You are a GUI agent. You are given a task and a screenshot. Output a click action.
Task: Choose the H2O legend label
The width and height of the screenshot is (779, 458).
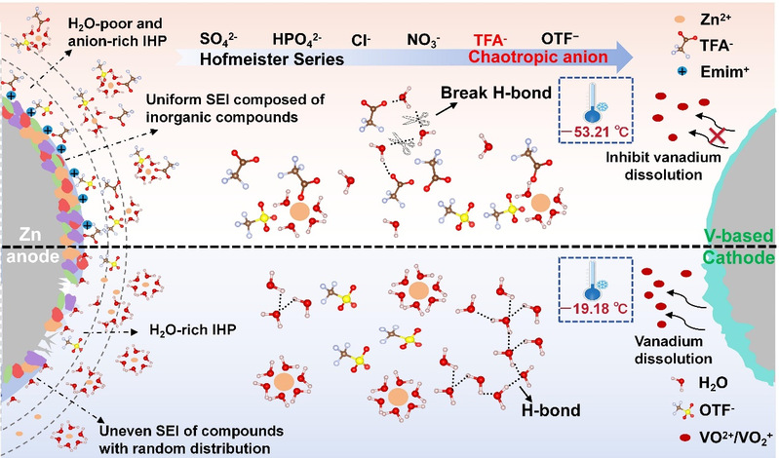[724, 382]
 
